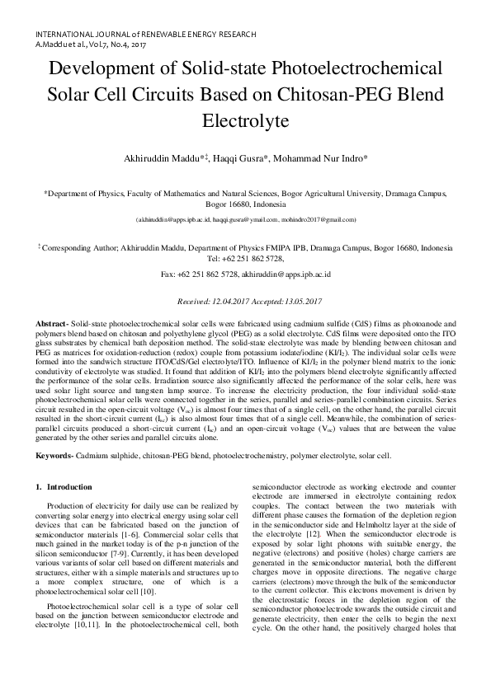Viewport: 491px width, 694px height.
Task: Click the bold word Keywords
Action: (x=55, y=455)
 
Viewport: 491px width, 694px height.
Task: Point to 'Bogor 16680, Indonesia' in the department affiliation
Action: (x=245, y=203)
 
